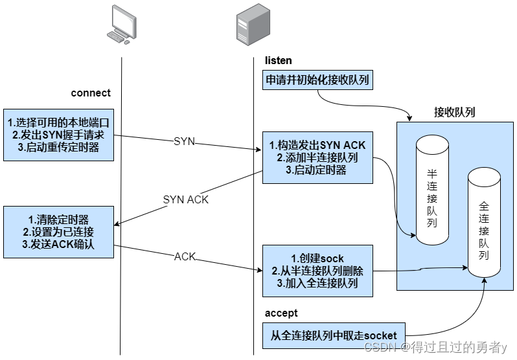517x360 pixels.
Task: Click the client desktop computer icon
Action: click(121, 24)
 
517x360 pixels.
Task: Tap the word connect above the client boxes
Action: click(91, 93)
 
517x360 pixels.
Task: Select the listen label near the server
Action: click(279, 61)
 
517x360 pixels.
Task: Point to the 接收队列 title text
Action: click(454, 111)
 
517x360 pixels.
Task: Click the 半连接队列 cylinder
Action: click(431, 191)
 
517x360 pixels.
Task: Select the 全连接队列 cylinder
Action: click(484, 223)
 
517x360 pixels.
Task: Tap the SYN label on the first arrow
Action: click(184, 141)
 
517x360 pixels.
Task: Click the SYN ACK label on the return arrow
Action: click(186, 199)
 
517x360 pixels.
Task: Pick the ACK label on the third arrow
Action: click(185, 257)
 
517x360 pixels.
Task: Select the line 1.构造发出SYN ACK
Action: click(317, 146)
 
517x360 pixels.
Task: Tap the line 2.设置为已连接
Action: click(58, 231)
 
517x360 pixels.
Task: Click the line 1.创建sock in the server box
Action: click(317, 258)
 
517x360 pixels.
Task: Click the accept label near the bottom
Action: click(281, 313)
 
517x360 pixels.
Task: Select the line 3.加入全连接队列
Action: click(317, 282)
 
